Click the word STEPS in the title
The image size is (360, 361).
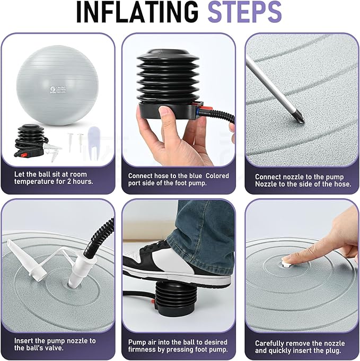244,12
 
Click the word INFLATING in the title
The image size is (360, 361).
137,12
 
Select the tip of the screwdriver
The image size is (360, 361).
302,121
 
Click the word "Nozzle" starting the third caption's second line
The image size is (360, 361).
266,184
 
